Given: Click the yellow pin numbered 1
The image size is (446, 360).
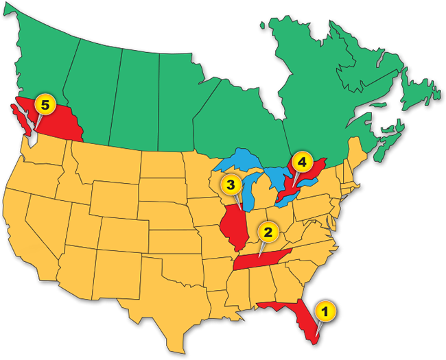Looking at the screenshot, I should coord(326,311).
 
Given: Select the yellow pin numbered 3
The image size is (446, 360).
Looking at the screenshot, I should coord(232,185).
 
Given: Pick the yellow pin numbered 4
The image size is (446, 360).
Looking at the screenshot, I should coord(299,164).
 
